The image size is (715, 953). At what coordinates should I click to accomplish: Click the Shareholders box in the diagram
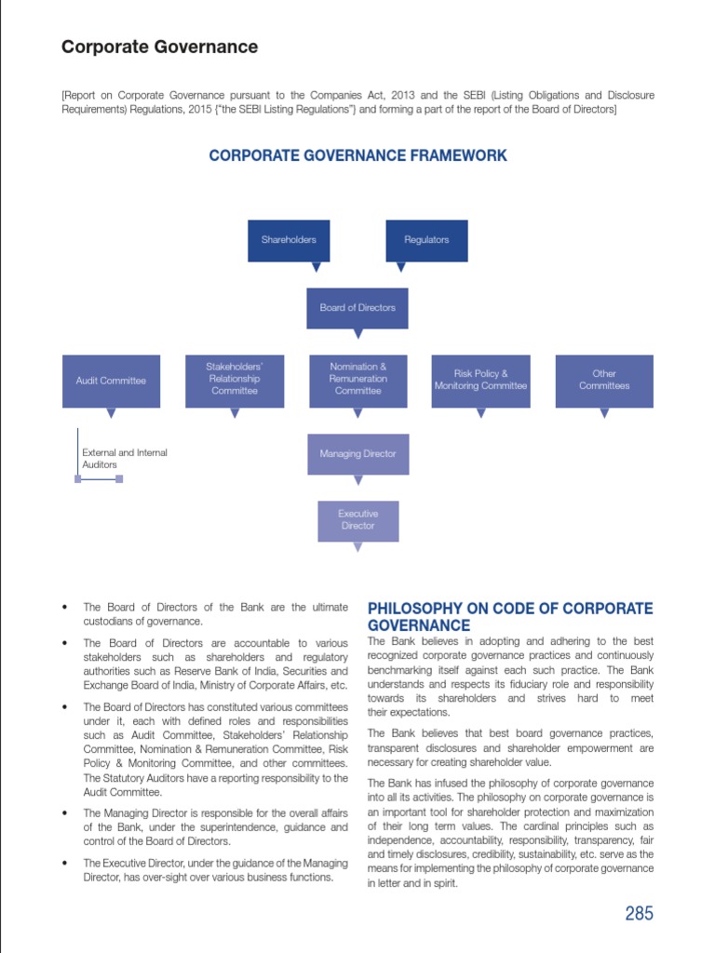[289, 240]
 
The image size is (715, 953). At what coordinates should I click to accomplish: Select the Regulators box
[426, 240]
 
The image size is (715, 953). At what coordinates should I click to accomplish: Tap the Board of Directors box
[357, 308]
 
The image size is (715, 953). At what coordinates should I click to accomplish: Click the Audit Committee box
[111, 381]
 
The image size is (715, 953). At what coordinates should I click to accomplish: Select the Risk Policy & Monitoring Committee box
[480, 381]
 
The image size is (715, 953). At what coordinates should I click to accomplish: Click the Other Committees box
[604, 381]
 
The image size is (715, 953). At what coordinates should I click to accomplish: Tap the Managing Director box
[357, 454]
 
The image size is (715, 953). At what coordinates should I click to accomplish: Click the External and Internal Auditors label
[125, 459]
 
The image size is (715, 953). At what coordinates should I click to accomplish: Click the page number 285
[639, 913]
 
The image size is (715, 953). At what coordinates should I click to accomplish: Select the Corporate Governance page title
[159, 47]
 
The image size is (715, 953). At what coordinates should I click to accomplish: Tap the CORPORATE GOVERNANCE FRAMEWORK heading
[357, 155]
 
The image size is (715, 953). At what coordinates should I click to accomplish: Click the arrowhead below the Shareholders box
[317, 267]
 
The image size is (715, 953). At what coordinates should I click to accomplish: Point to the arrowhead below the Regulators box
[401, 267]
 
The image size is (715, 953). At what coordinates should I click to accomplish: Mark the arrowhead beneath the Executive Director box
[357, 548]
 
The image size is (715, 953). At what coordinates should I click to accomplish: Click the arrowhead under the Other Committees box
[604, 413]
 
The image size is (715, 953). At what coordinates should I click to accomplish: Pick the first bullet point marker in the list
[64, 608]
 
